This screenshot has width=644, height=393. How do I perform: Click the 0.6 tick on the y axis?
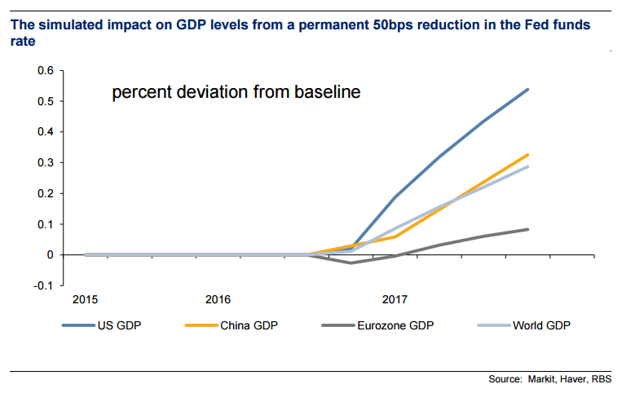coord(46,71)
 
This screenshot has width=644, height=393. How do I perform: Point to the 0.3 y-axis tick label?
coord(46,162)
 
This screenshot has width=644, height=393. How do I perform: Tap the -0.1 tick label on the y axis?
coord(44,285)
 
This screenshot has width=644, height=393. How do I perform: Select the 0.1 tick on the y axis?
coord(46,224)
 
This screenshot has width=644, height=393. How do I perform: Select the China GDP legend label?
coord(249,326)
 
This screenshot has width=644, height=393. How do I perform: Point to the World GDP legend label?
coord(542,326)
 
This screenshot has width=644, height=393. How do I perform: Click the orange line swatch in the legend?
coord(200,326)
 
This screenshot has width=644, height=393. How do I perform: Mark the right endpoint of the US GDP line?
coord(528,89)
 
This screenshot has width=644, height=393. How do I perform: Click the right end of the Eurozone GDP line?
coord(528,229)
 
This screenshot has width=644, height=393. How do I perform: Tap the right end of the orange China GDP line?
coord(528,154)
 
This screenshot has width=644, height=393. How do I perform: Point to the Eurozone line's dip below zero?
coord(351,263)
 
